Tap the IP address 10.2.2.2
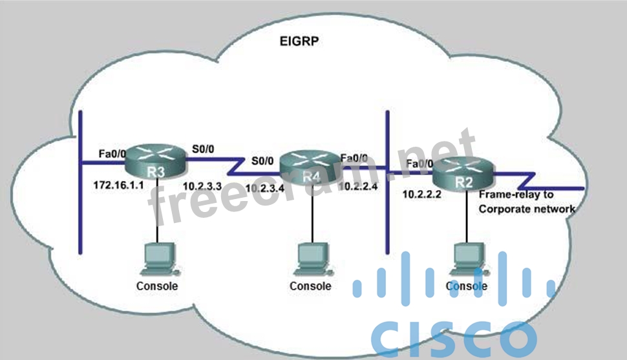(421, 193)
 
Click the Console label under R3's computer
(156, 286)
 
